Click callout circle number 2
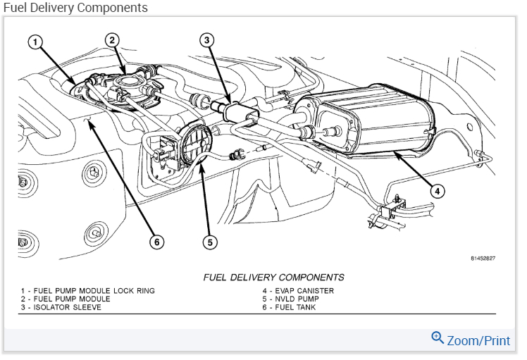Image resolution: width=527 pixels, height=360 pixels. coord(111,39)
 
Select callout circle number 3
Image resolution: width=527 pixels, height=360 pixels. coord(206,39)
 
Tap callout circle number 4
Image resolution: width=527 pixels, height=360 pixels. coord(438,191)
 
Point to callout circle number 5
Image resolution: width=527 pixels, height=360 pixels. coord(209,242)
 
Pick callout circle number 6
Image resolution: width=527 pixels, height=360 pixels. coord(156,242)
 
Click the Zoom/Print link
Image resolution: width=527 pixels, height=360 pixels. coord(478,340)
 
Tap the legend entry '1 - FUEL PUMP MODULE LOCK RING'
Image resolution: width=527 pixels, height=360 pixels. coord(87,290)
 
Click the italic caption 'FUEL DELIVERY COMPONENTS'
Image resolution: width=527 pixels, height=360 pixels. coord(273,278)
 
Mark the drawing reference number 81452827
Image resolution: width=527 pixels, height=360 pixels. coord(483,259)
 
